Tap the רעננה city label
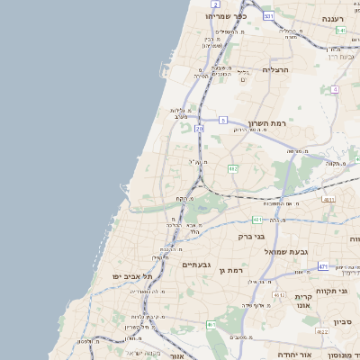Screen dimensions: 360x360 point(339,18)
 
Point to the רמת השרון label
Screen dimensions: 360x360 point(266,122)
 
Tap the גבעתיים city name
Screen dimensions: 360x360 point(195,265)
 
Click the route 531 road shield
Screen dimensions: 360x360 point(268,16)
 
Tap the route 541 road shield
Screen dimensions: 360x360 point(341,30)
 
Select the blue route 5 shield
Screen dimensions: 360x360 point(222,119)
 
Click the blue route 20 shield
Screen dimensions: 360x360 point(199,130)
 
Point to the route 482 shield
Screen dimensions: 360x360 point(233,168)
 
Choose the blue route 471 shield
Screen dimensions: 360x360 point(323,266)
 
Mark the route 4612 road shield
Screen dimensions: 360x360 point(279,295)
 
